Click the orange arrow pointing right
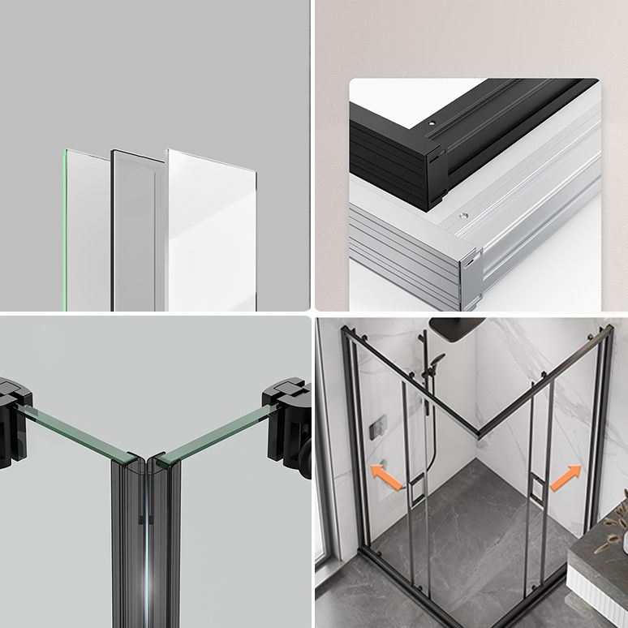click(566, 478)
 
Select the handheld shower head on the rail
click(438, 361)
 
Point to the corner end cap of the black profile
click(434, 174)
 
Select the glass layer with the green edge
click(86, 231)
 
